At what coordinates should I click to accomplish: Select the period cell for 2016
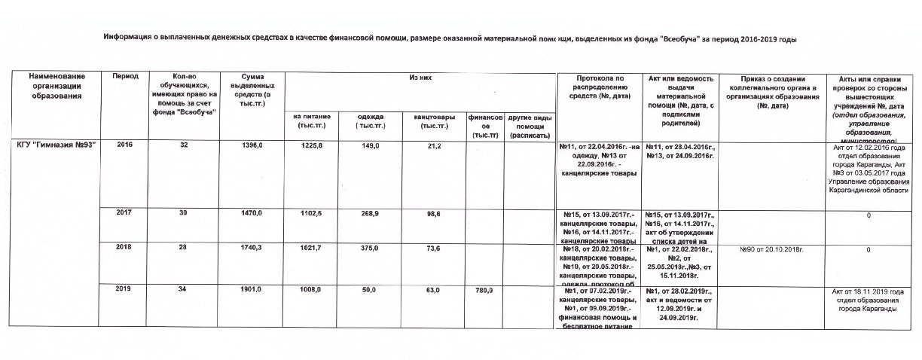tap(124, 145)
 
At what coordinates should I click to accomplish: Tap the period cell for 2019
tap(124, 290)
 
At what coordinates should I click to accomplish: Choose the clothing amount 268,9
tap(370, 215)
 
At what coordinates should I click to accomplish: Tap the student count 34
tap(184, 290)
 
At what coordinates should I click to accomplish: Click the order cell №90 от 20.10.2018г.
tap(769, 249)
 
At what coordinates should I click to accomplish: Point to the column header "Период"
tap(124, 78)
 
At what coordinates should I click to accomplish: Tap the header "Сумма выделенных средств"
tap(252, 90)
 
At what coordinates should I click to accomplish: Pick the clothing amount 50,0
tap(370, 290)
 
